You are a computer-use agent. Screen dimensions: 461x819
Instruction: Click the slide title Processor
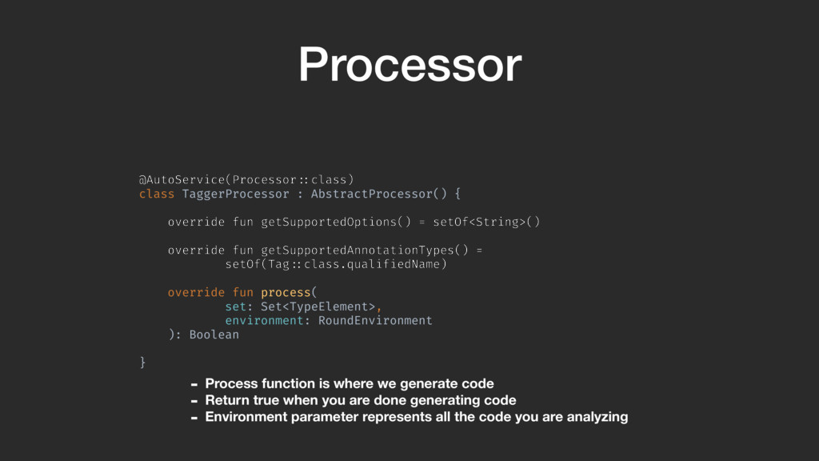[409, 65]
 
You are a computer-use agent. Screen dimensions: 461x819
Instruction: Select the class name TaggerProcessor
[236, 194]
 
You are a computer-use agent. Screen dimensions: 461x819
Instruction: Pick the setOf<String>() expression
[486, 222]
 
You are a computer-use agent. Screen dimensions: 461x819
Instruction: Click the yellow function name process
[286, 292]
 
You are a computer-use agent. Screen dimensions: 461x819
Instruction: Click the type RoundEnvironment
[375, 320]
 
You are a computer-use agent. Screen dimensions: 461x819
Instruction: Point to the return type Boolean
[214, 335]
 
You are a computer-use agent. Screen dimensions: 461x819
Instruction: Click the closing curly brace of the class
[143, 363]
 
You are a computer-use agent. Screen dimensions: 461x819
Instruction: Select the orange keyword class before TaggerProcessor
[157, 194]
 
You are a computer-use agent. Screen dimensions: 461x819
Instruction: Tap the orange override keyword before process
[196, 292]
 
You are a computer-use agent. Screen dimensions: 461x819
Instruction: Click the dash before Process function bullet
[194, 384]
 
